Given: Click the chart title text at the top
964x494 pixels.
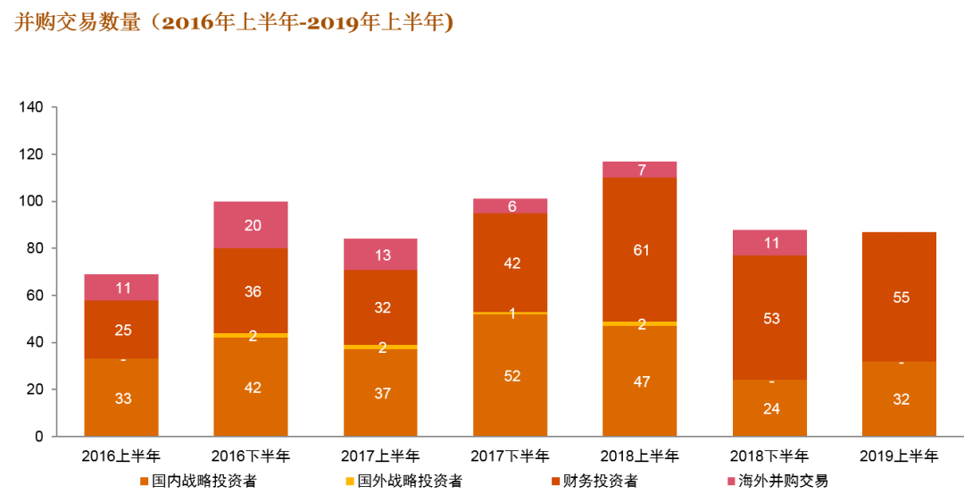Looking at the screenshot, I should (x=234, y=23).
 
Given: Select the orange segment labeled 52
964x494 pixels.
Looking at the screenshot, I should (x=511, y=375).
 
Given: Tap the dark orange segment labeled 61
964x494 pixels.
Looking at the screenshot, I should (x=640, y=249).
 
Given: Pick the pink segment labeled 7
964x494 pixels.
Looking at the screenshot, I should (x=640, y=170).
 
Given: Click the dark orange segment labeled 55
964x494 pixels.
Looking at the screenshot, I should (x=899, y=297).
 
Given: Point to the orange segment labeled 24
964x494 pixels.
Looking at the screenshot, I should (x=769, y=408).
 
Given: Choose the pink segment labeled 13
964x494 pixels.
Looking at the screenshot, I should (x=381, y=255).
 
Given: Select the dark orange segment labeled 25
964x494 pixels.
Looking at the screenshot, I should (x=121, y=330).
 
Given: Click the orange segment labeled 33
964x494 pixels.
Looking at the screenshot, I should (x=121, y=398).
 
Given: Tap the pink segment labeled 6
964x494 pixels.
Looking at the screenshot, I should (x=511, y=206).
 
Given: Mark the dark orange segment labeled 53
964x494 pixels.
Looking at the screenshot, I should (x=769, y=317).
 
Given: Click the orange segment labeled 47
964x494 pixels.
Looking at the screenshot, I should (x=640, y=381).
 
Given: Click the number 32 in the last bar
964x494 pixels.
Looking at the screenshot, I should (x=901, y=399).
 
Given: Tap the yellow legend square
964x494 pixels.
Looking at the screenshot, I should (x=350, y=481).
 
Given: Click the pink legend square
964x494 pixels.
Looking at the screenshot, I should (x=732, y=481).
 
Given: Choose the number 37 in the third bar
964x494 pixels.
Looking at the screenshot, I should (x=382, y=393).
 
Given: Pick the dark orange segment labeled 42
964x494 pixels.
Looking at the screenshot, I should (x=511, y=263).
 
